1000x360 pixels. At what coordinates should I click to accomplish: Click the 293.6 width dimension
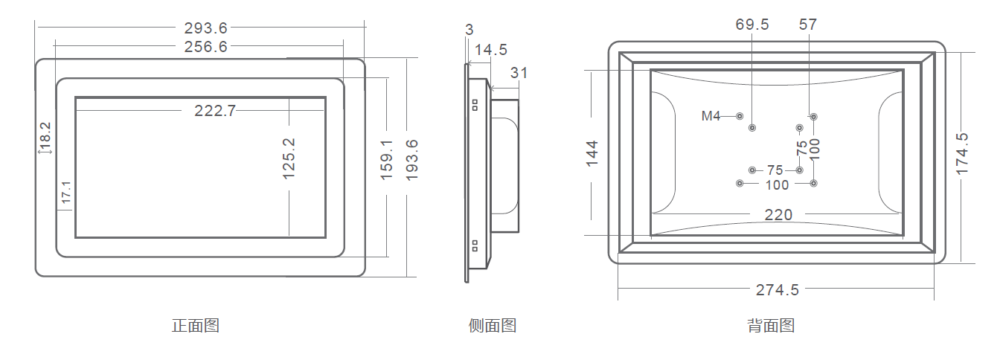[206, 29]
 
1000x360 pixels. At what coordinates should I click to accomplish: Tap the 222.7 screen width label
[215, 111]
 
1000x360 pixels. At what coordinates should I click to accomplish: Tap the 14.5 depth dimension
[491, 50]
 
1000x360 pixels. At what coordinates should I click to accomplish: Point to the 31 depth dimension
[519, 73]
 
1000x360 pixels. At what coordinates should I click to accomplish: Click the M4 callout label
[711, 116]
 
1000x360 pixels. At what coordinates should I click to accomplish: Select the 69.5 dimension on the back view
[752, 25]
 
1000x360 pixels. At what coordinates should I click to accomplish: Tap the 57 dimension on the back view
[808, 25]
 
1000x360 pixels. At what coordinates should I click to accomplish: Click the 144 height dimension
[592, 153]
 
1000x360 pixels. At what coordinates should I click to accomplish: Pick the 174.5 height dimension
[963, 153]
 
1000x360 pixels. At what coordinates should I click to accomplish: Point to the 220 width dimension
[779, 215]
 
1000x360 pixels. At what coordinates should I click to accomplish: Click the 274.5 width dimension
[778, 290]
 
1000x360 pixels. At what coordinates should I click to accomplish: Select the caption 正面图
[196, 326]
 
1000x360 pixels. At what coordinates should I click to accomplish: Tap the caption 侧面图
[493, 326]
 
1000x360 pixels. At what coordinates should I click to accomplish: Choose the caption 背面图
[772, 326]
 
